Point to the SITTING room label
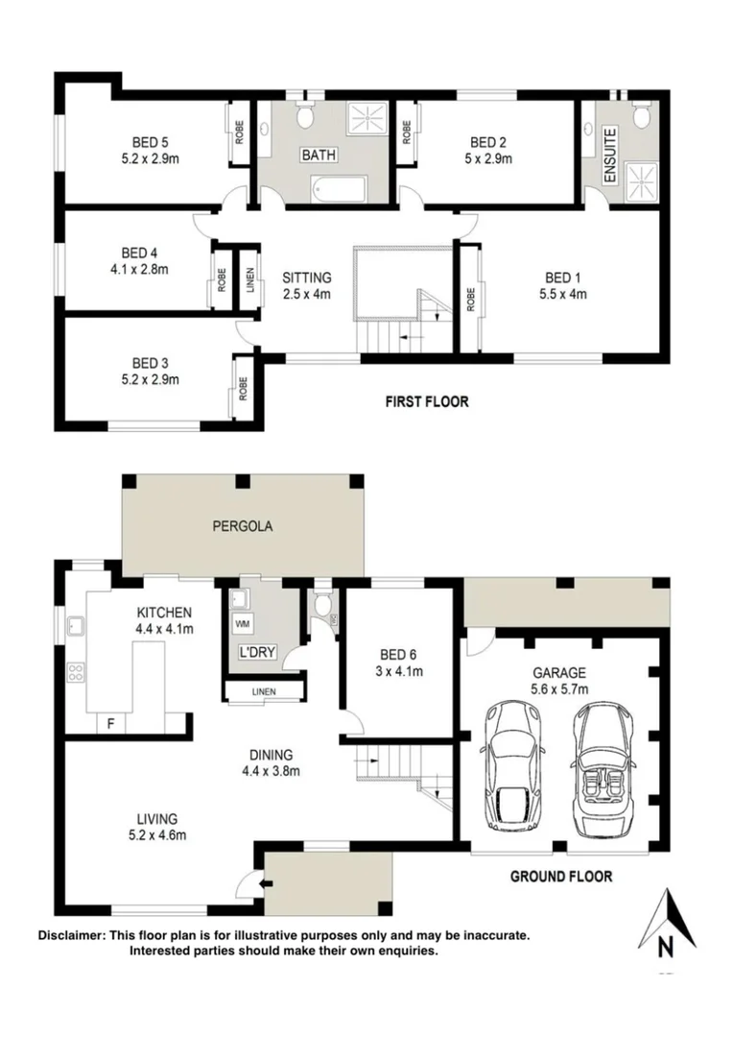(x=306, y=278)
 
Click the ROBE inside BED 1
(x=471, y=299)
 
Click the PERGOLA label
(x=243, y=526)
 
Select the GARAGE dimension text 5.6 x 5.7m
(x=561, y=688)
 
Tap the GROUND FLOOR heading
(x=560, y=876)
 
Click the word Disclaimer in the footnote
(x=73, y=935)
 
